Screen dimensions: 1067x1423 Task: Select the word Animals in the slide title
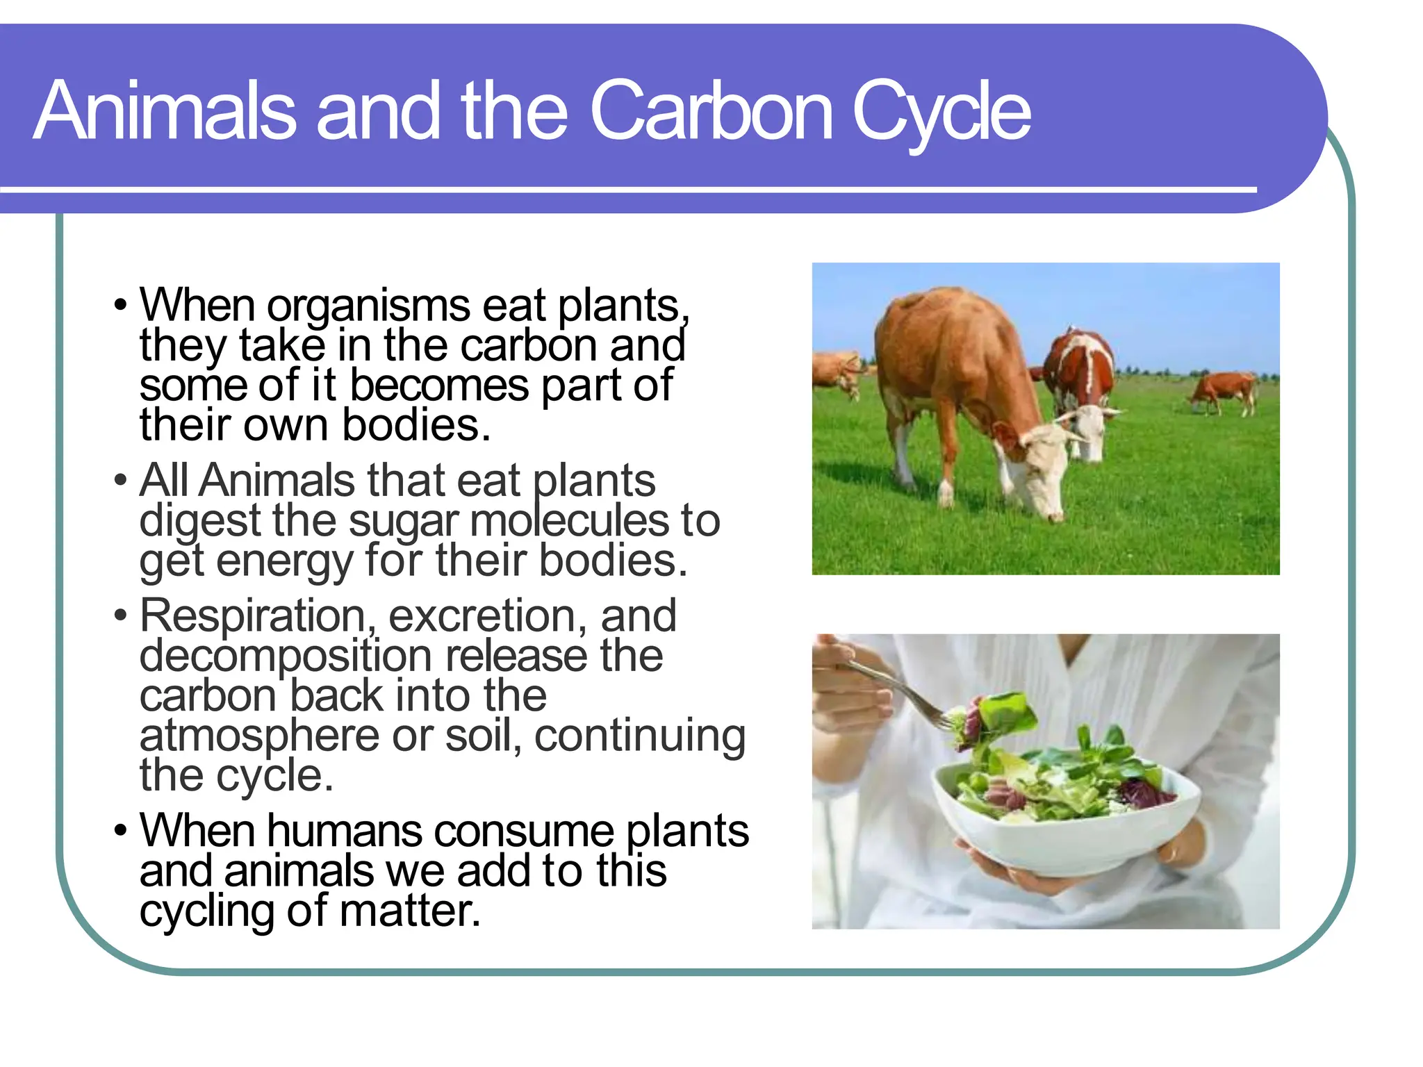165,111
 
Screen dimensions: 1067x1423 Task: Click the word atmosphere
258,737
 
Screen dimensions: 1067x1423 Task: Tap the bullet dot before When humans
121,832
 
